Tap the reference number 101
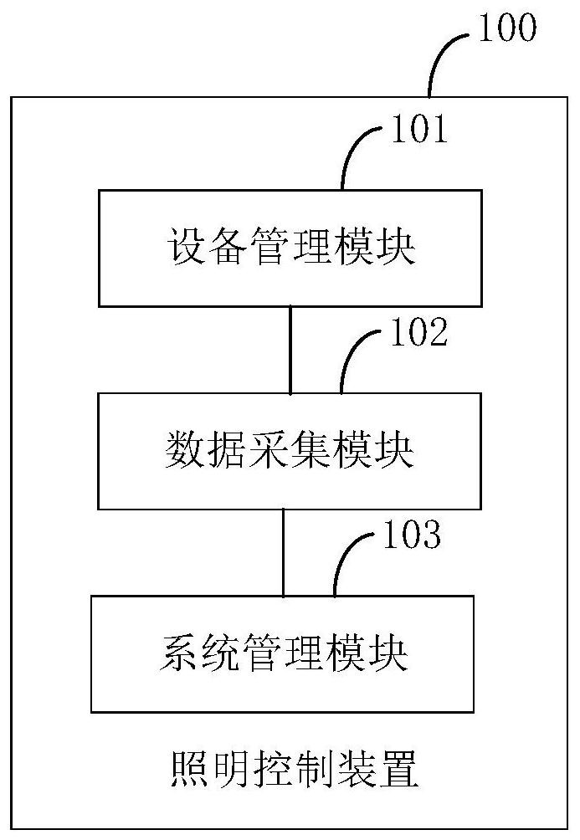[419, 130]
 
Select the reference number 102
[419, 332]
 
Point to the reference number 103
[412, 535]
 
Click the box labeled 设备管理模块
[290, 248]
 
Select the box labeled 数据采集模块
[290, 451]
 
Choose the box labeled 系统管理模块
[283, 653]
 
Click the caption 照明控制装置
[295, 769]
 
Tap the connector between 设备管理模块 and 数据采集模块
[290, 350]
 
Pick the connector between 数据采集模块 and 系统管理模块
[284, 552]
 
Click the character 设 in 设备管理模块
[187, 247]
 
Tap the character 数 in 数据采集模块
[184, 450]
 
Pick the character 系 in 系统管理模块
[178, 653]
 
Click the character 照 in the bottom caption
[190, 769]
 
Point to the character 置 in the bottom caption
[399, 769]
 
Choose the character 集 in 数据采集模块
[310, 450]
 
